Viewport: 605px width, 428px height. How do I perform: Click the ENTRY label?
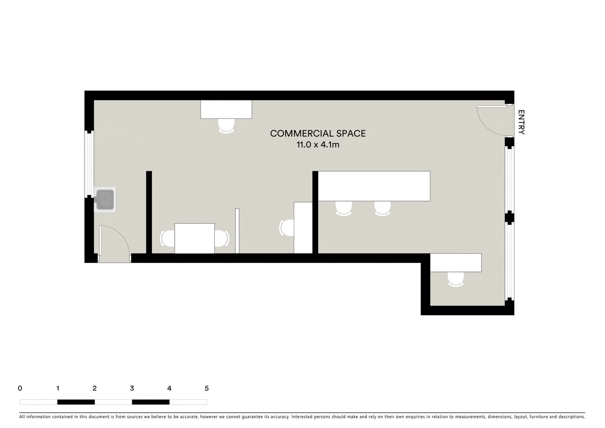(521, 122)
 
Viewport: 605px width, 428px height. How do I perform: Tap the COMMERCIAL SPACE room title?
(318, 134)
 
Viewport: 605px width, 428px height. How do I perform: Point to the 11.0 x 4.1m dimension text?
(318, 145)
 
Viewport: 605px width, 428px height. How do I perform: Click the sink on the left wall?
(105, 199)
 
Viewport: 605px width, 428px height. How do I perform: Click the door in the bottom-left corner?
(115, 243)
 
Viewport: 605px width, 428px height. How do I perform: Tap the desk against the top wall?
(226, 109)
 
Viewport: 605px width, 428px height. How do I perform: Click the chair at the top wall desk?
(226, 126)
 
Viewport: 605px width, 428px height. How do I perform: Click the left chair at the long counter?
(344, 208)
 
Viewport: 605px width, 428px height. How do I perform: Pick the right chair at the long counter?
(382, 208)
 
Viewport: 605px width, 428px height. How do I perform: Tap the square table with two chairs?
(194, 238)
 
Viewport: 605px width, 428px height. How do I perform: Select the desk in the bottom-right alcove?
(456, 263)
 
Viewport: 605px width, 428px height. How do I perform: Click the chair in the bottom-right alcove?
(456, 279)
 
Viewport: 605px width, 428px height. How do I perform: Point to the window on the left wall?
(89, 164)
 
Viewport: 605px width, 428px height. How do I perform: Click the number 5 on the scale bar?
(207, 388)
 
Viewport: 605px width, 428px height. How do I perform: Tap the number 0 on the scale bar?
(20, 388)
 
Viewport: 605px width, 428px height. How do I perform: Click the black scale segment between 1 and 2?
(76, 402)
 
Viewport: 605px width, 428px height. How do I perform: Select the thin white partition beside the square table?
(237, 231)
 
